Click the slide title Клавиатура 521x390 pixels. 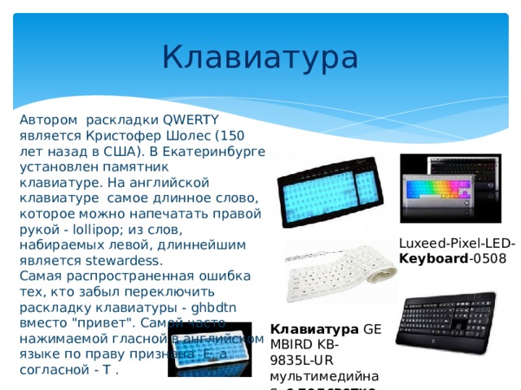click(x=260, y=58)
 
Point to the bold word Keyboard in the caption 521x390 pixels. click(x=430, y=259)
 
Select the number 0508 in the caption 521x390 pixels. click(x=486, y=259)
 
